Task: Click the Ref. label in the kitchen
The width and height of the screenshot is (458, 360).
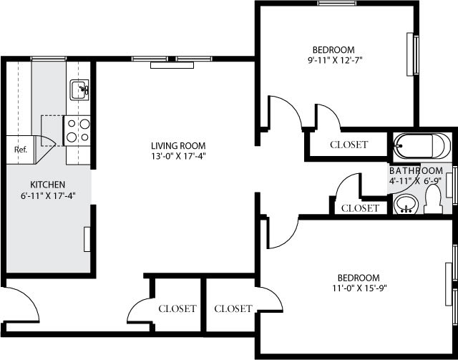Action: click(x=20, y=150)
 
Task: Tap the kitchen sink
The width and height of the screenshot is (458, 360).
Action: click(x=79, y=90)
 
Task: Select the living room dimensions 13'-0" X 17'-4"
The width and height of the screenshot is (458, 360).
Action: click(x=179, y=156)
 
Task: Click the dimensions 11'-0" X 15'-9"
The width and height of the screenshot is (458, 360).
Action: click(x=359, y=289)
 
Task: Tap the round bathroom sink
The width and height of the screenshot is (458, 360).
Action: click(x=406, y=205)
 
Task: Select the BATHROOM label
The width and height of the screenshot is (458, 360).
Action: click(x=416, y=171)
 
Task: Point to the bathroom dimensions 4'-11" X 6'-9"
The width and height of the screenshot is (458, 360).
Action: click(x=416, y=182)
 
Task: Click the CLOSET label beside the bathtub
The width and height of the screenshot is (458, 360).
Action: click(x=349, y=145)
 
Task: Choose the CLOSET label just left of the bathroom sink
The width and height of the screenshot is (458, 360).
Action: click(x=360, y=208)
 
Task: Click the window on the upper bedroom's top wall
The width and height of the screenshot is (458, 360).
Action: click(x=338, y=4)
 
